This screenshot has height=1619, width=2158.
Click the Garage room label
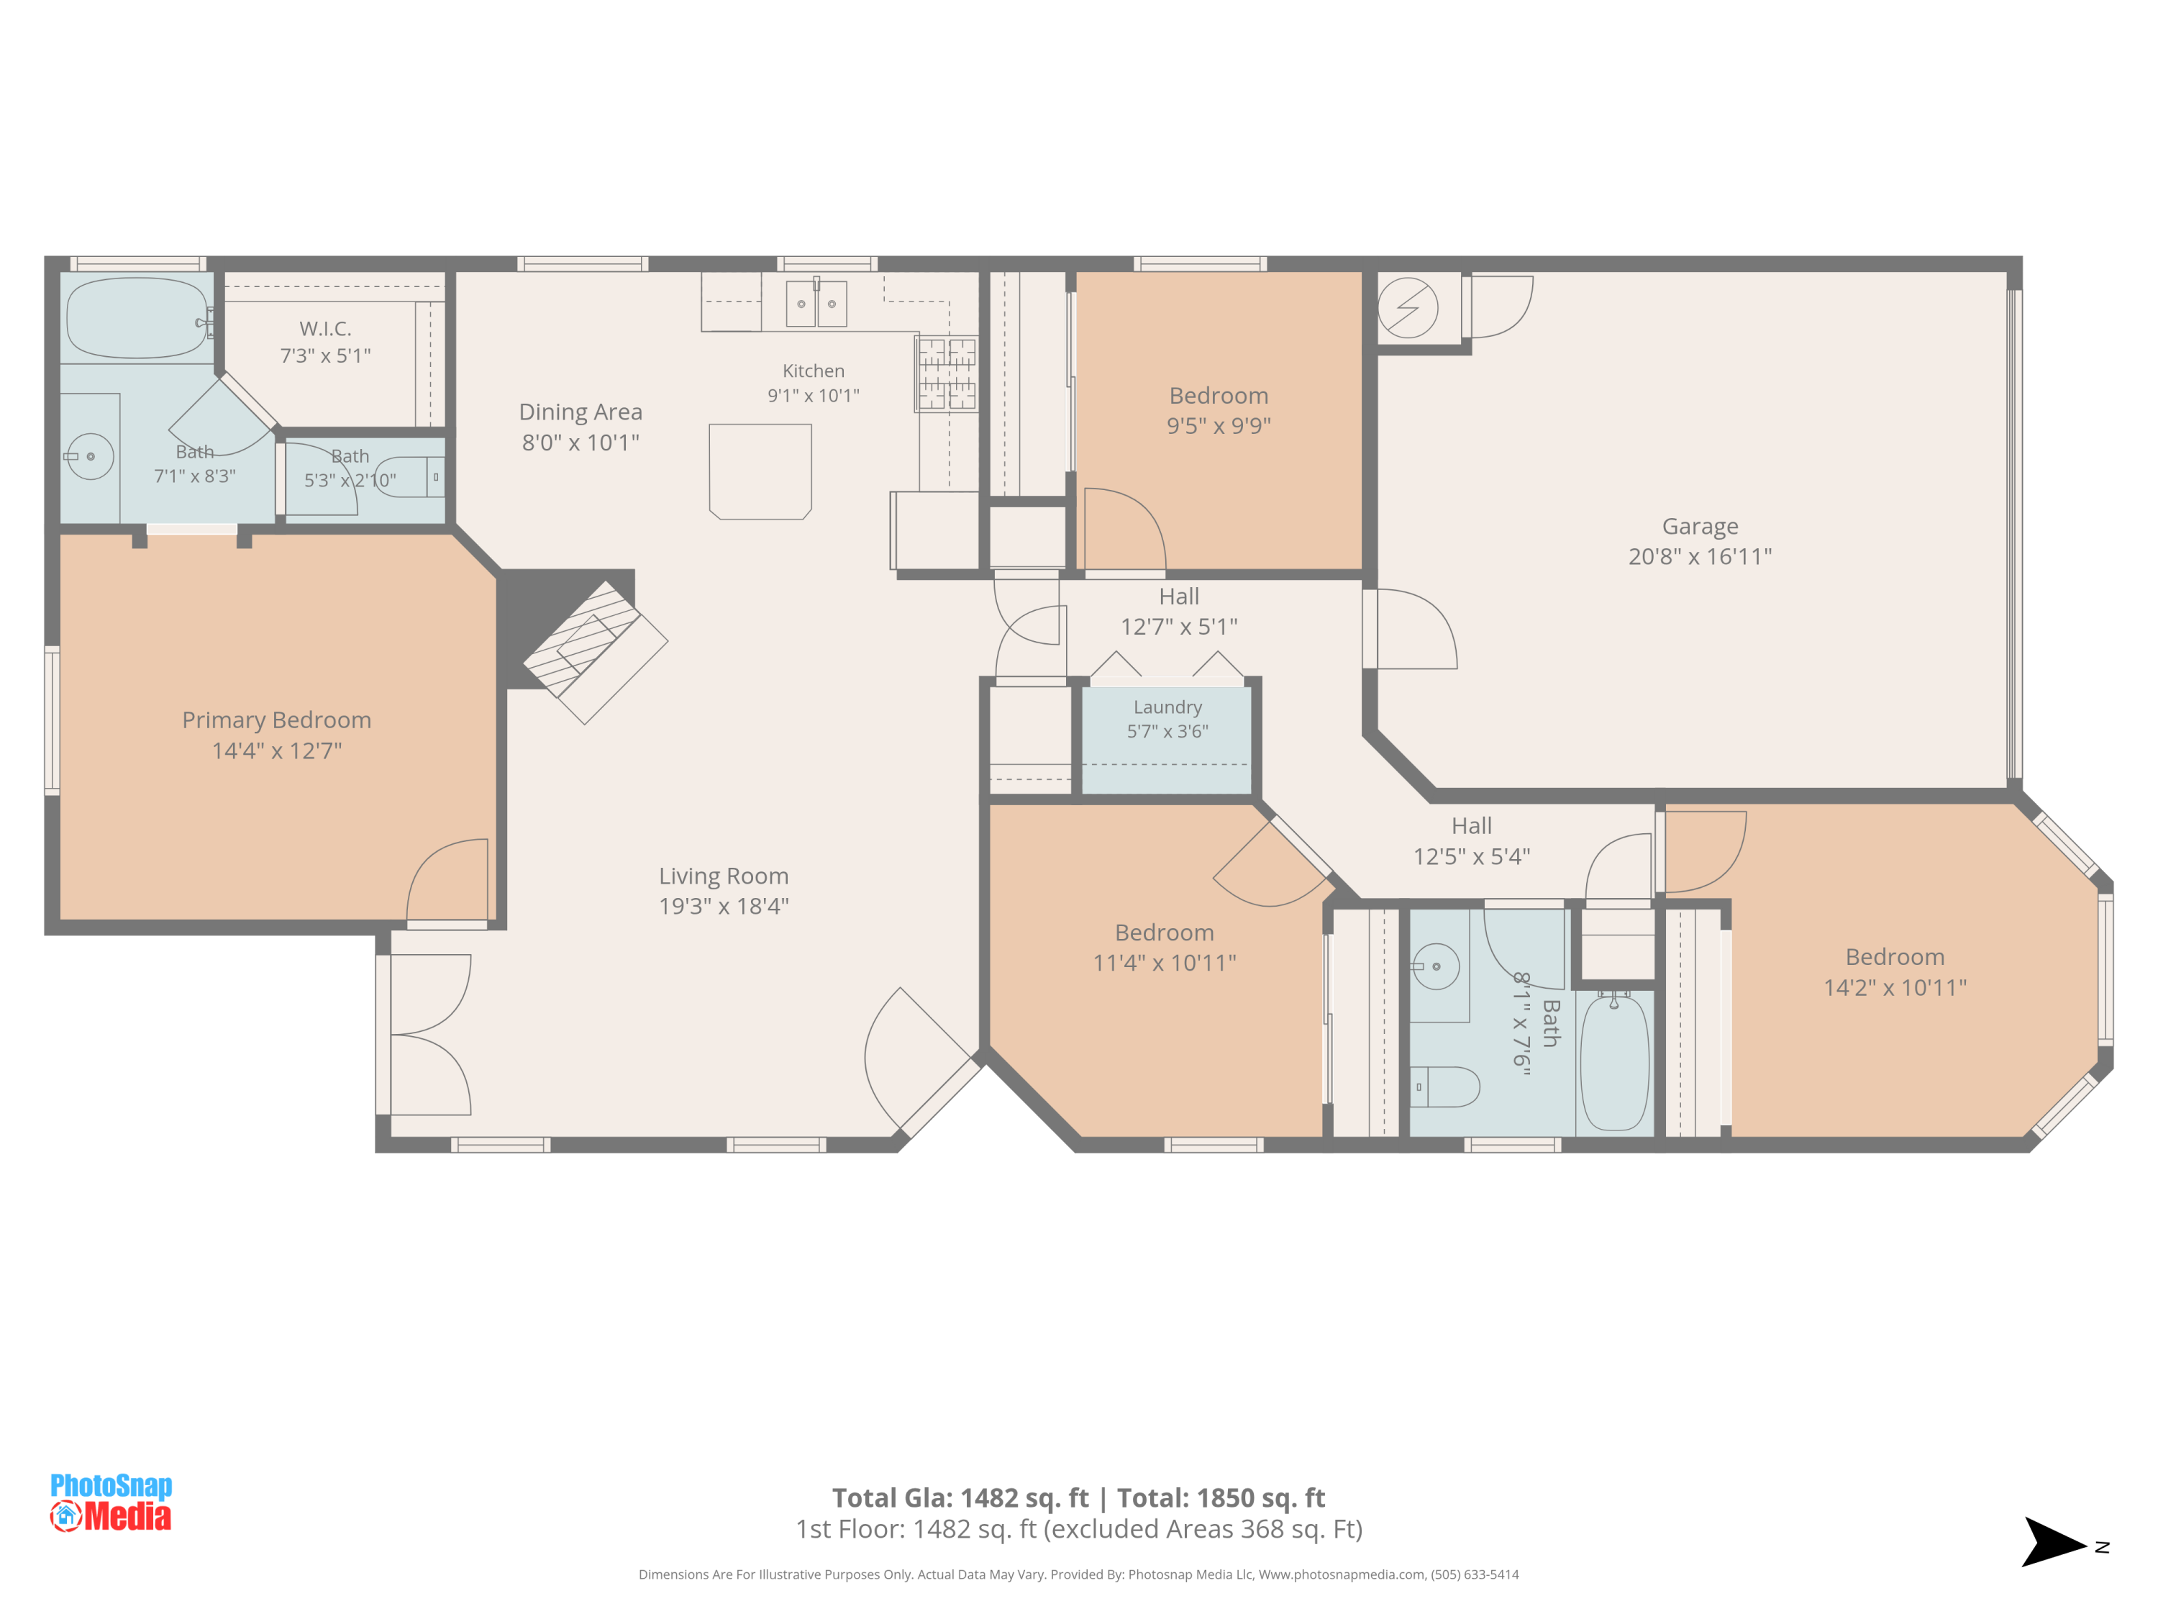[1700, 526]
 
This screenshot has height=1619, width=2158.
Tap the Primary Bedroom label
[277, 720]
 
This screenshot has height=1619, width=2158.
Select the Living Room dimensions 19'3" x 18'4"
[724, 906]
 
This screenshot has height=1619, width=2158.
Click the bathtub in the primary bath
[137, 318]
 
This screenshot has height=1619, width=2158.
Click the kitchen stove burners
[947, 373]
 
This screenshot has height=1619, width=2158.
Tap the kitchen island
[760, 471]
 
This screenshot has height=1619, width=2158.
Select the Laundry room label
[1167, 707]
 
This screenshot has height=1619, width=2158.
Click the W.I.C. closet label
[326, 329]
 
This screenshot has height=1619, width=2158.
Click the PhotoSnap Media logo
[111, 1502]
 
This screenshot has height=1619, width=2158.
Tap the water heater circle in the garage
[1408, 307]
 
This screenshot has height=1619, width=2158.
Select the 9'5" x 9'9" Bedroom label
[1219, 410]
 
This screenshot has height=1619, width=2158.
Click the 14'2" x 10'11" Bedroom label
[1895, 972]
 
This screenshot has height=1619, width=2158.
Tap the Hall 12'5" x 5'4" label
[1471, 840]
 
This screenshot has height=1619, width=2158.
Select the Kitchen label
[814, 371]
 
